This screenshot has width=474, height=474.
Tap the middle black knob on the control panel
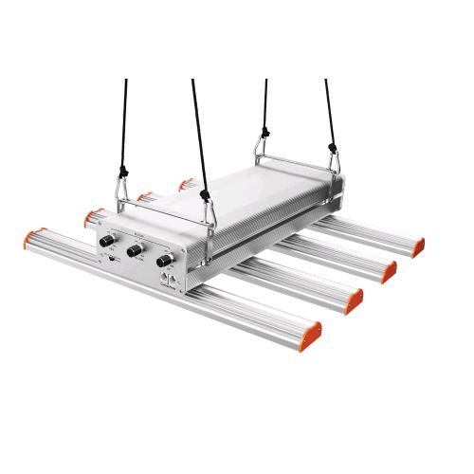136,250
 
